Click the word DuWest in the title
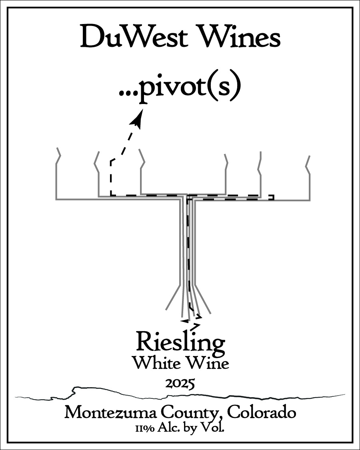134,37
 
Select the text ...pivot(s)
180,88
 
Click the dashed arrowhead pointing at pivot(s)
138,118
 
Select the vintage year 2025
180,384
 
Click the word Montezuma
110,413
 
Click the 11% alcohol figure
146,429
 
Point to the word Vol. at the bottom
213,428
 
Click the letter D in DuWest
92,37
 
